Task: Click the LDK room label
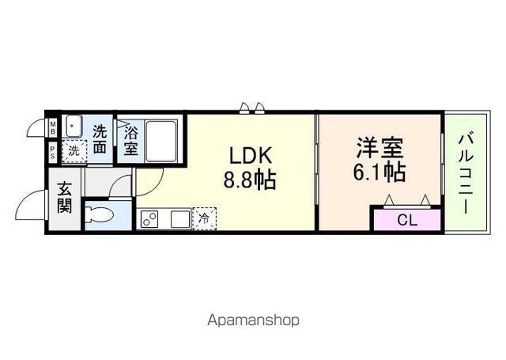click(x=252, y=153)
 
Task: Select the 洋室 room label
click(x=379, y=147)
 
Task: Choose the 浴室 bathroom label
click(x=130, y=140)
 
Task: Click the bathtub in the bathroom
click(x=161, y=140)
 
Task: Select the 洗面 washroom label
click(x=100, y=138)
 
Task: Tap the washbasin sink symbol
click(x=74, y=127)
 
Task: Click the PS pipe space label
click(x=53, y=152)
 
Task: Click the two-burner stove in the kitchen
click(x=150, y=219)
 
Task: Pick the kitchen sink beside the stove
click(x=178, y=219)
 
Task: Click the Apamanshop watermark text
click(x=253, y=320)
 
